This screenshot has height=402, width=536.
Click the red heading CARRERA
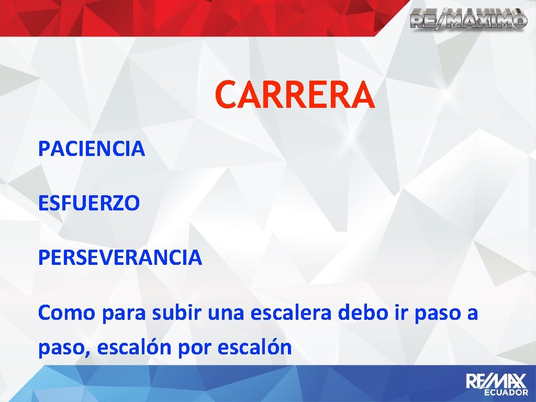click(295, 94)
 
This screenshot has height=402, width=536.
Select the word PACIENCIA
click(92, 149)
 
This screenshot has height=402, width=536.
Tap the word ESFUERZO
click(89, 203)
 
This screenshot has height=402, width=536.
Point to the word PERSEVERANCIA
click(120, 257)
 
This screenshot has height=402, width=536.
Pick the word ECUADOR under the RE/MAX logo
click(505, 392)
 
